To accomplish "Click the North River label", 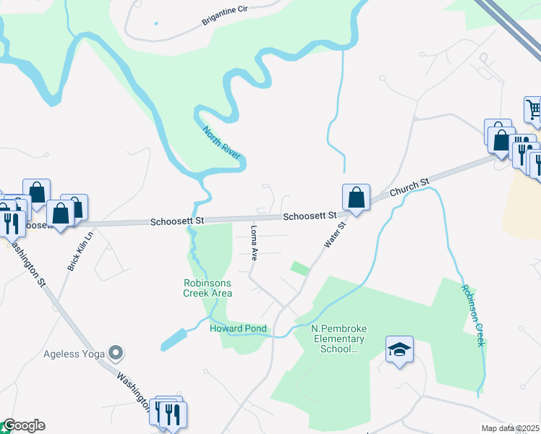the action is click(x=221, y=142).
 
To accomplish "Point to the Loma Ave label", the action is click(x=254, y=242).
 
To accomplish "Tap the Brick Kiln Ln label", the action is click(x=82, y=251).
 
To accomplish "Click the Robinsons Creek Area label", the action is click(x=208, y=288).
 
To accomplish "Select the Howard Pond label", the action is click(x=238, y=328).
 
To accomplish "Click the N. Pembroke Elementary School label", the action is click(x=338, y=339).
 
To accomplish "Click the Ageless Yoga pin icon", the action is click(x=115, y=353).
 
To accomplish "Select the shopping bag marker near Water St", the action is click(x=356, y=197).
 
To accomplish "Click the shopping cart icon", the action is click(x=534, y=110).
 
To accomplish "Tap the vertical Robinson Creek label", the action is click(x=472, y=315).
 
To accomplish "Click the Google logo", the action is click(x=23, y=425).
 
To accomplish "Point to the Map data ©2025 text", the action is click(x=510, y=428).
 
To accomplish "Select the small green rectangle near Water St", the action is click(x=299, y=268).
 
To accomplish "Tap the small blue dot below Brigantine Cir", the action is click(x=156, y=23).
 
